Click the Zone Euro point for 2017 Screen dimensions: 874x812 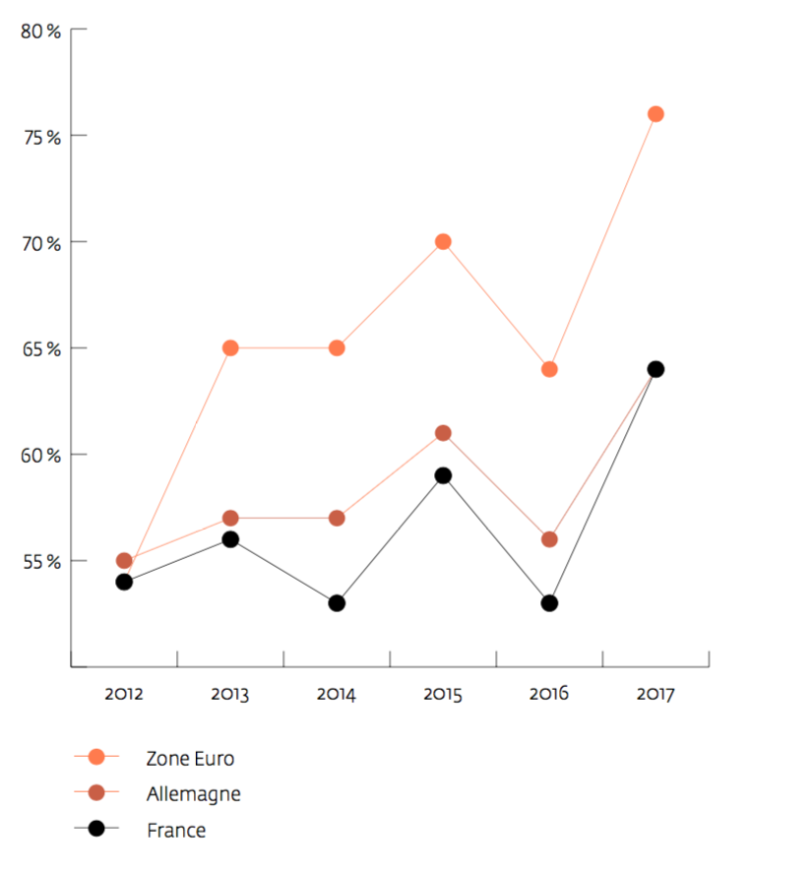(656, 114)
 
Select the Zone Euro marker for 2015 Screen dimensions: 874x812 (443, 242)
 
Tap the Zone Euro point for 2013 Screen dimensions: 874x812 (230, 348)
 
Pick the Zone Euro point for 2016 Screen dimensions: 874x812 (549, 369)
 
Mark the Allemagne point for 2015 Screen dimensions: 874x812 (443, 433)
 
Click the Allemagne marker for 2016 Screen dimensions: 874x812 (549, 539)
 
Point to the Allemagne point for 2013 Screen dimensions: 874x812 (230, 518)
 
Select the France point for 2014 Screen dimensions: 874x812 (337, 603)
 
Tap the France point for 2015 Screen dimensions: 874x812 (443, 475)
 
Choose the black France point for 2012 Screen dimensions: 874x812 (124, 582)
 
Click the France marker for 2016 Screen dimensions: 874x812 (549, 603)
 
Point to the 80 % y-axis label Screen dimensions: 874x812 (40, 31)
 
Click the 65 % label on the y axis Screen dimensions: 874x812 (40, 348)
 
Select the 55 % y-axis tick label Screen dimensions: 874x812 (40, 561)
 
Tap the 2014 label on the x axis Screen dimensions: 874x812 (337, 694)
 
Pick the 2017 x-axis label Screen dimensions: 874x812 (656, 694)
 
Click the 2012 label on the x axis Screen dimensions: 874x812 (124, 694)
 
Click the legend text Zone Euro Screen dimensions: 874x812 (191, 758)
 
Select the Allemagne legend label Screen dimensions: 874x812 (194, 793)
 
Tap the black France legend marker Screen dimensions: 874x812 (96, 830)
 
